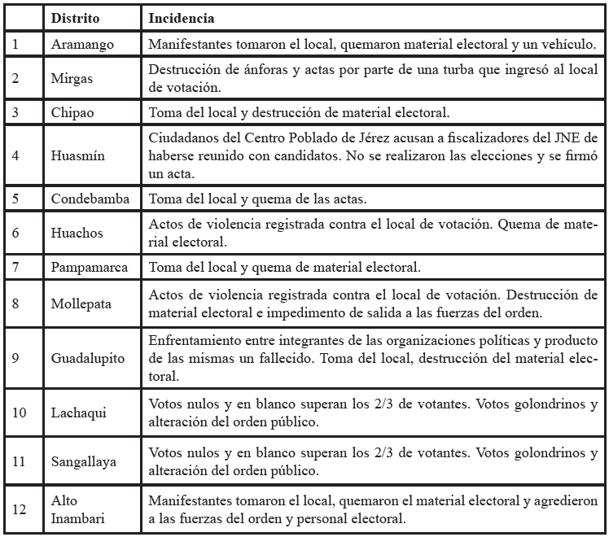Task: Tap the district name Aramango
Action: tap(82, 45)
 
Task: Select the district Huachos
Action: tap(77, 233)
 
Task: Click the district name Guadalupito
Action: tap(88, 356)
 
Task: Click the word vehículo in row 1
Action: tap(567, 44)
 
